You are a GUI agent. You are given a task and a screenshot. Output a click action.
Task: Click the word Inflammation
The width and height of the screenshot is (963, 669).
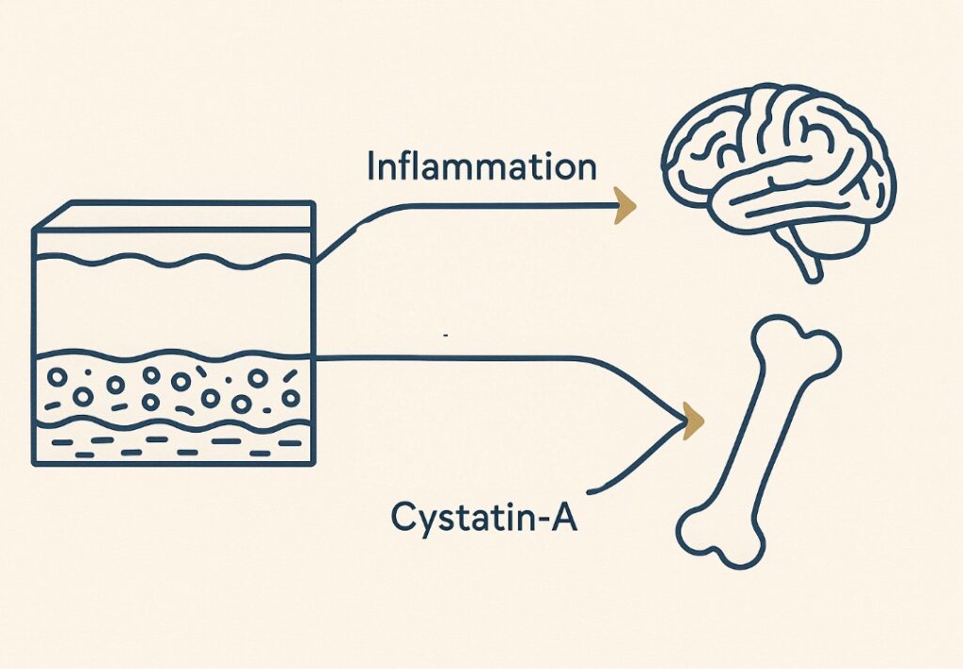[481, 167]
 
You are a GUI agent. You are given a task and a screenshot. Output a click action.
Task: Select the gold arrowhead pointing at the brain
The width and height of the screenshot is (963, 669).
[624, 205]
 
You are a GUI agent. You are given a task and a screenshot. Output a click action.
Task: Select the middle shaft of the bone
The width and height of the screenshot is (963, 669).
[757, 442]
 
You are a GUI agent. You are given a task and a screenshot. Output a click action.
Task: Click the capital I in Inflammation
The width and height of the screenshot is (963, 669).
[371, 167]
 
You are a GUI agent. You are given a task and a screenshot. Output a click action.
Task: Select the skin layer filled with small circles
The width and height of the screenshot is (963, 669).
[174, 389]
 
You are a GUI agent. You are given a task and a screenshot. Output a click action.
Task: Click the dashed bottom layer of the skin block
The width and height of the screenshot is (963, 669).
[174, 446]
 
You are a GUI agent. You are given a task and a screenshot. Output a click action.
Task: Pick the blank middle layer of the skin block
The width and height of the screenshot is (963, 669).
[174, 306]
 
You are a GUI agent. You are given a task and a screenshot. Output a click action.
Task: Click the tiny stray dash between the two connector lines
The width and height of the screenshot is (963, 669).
[444, 334]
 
